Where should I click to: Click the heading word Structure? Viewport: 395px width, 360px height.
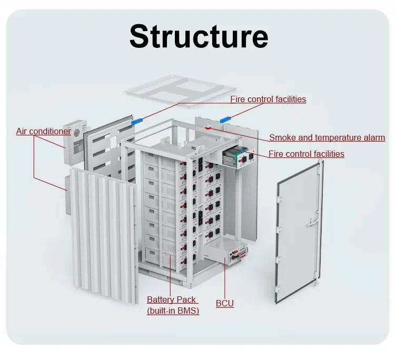pos(199,36)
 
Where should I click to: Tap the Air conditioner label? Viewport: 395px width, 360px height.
pos(43,131)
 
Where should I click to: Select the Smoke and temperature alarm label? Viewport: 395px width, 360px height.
pos(327,138)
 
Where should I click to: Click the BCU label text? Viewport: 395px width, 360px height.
pos(224,304)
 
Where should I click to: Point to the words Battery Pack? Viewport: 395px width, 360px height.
pos(171,299)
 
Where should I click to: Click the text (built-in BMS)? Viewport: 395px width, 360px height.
pos(173,311)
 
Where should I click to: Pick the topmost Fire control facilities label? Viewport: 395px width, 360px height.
pos(268,99)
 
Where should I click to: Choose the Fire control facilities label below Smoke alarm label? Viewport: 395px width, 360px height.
pos(306,154)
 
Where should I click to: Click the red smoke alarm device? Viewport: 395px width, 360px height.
pos(209,127)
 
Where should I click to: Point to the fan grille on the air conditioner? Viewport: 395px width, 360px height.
pos(77,132)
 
